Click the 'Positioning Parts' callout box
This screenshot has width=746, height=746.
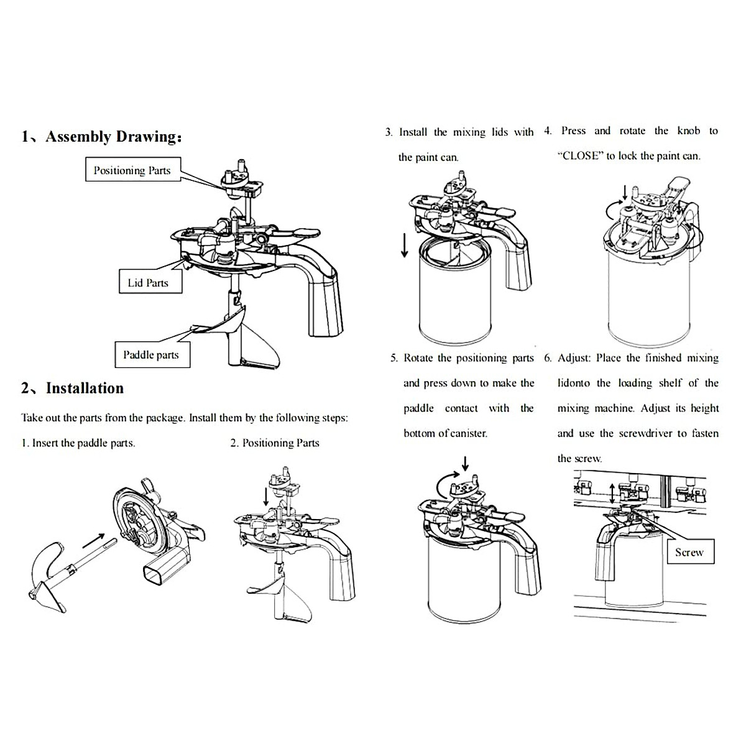click(x=132, y=170)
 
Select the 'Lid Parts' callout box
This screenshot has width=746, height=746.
click(x=148, y=283)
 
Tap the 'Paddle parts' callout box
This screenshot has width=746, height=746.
click(x=150, y=355)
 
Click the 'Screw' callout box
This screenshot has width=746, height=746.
click(x=689, y=552)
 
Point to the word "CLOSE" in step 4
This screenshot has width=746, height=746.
click(x=581, y=156)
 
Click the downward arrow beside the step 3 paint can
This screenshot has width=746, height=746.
click(x=405, y=245)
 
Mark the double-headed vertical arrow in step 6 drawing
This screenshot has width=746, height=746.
click(x=612, y=494)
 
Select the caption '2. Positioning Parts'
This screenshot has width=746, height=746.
click(x=274, y=443)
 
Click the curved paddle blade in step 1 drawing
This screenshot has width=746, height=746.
click(x=45, y=559)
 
